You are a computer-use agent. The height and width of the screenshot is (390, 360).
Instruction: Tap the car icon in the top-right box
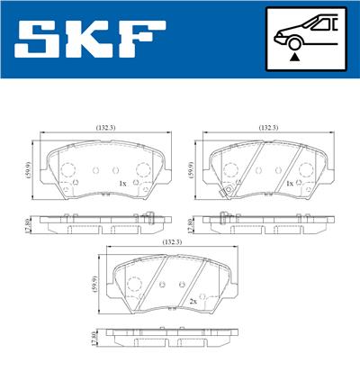pyautogui.click(x=307, y=31)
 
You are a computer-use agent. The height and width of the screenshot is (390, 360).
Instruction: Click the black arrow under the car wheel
pyautogui.click(x=293, y=57)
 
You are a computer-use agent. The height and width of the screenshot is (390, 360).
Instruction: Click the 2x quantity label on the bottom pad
pyautogui.click(x=193, y=301)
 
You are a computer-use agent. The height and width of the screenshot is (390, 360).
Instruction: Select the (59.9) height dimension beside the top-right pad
pyautogui.click(x=190, y=168)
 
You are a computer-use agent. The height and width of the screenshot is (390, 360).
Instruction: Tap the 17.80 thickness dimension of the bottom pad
pyautogui.click(x=94, y=339)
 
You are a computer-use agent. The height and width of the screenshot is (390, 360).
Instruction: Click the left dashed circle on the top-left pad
pyautogui.click(x=67, y=171)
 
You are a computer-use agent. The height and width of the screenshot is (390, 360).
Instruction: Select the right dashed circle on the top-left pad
pyautogui.click(x=142, y=171)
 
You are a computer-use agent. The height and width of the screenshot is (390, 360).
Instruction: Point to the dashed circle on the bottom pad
pyautogui.click(x=136, y=286)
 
